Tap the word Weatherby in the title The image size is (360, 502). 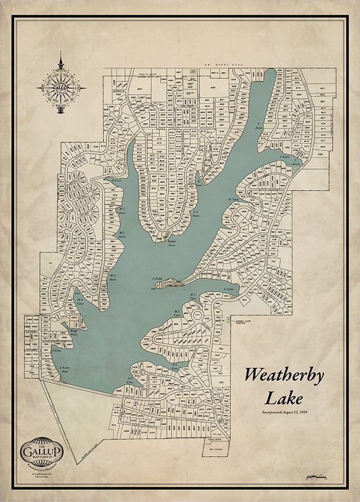[284, 375]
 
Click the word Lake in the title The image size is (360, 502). [284, 399]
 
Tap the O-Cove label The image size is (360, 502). [116, 180]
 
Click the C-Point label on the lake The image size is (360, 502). [156, 278]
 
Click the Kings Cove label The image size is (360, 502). [74, 332]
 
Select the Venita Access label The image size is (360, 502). [172, 242]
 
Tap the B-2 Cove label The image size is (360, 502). [177, 313]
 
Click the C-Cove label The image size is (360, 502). [228, 289]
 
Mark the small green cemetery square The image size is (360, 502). [229, 320]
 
